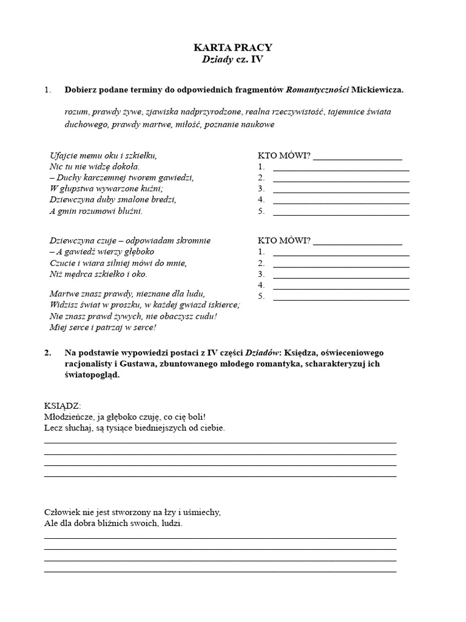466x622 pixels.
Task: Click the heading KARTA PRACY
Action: coord(233,47)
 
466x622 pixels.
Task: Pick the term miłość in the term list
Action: coord(188,124)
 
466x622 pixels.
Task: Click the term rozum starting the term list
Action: coord(76,112)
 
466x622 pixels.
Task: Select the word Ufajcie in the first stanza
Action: coord(62,155)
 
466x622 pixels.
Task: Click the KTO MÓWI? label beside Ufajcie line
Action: coord(284,155)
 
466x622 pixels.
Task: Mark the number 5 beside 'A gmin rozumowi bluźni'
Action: coord(261,212)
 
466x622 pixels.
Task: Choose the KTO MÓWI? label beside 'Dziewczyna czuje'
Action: coord(284,241)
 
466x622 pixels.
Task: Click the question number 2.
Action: coord(48,353)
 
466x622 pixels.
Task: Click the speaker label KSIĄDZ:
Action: coord(62,406)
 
